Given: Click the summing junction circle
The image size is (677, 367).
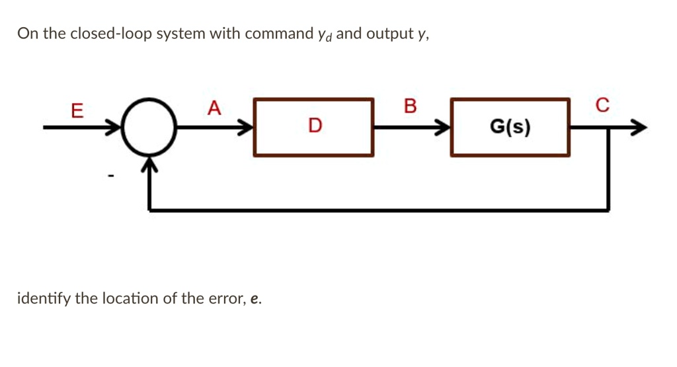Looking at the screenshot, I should coord(150,126).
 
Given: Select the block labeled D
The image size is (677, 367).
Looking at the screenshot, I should coord(314,126).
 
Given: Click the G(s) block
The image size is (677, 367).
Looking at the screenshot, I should coord(510,126).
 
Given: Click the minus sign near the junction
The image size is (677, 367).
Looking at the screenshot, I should coord(112,176).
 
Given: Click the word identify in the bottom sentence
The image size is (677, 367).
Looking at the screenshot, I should coord(44,298).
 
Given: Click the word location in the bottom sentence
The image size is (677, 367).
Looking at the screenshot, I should coord(131,298).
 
